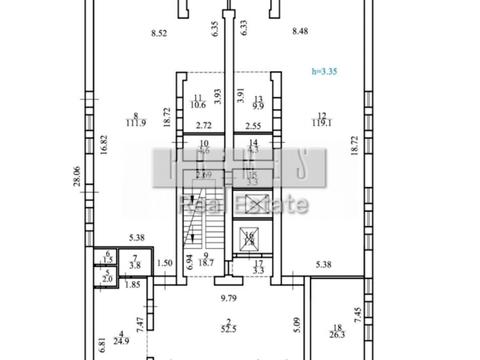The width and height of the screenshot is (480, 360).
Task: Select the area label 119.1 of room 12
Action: click(322, 126)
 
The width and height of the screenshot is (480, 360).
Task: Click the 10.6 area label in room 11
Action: click(198, 104)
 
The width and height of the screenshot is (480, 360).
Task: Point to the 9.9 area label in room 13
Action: click(257, 104)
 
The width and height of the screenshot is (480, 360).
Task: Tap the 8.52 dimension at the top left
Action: click(158, 34)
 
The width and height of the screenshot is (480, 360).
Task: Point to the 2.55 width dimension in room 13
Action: click(253, 126)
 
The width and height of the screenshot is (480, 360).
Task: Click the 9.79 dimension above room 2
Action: click(231, 296)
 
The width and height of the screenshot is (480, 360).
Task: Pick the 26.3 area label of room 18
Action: click(337, 337)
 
